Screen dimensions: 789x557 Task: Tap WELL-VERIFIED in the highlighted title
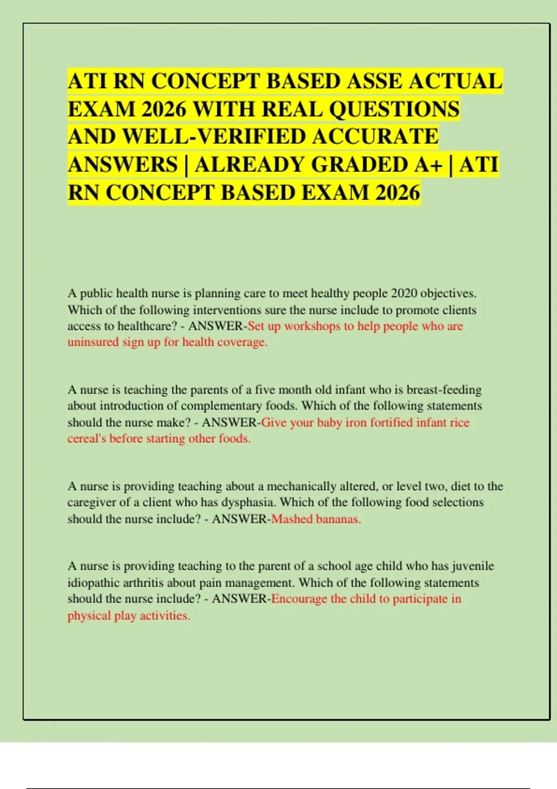click(x=212, y=137)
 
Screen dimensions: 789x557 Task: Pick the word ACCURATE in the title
click(x=375, y=137)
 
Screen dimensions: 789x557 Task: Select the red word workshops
click(x=312, y=326)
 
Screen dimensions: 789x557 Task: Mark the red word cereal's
click(x=87, y=439)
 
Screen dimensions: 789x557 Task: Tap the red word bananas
click(x=338, y=519)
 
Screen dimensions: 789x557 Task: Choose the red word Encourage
click(x=299, y=599)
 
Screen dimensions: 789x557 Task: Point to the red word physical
click(x=89, y=615)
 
